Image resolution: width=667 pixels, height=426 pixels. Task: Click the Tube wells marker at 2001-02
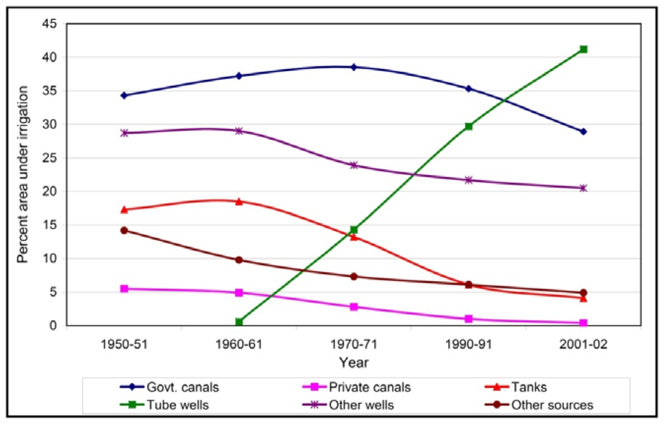click(x=584, y=49)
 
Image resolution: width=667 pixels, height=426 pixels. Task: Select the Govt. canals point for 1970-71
click(x=354, y=67)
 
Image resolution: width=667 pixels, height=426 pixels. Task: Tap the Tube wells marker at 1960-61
click(x=239, y=322)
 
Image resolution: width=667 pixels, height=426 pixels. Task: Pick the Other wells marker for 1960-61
click(x=239, y=131)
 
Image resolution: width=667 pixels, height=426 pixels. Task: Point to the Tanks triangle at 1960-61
click(x=239, y=202)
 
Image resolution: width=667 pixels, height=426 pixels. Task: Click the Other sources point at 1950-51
click(x=124, y=230)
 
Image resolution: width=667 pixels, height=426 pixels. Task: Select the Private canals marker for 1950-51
click(x=124, y=289)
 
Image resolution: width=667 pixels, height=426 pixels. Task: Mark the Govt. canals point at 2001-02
click(x=584, y=131)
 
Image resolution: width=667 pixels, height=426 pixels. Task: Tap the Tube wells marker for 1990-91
click(x=468, y=126)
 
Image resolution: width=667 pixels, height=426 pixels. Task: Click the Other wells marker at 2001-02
click(x=584, y=188)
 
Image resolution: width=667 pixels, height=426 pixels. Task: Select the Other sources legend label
click(x=552, y=405)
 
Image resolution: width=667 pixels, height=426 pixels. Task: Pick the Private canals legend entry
click(x=369, y=388)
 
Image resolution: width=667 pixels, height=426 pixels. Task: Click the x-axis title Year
click(x=354, y=361)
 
